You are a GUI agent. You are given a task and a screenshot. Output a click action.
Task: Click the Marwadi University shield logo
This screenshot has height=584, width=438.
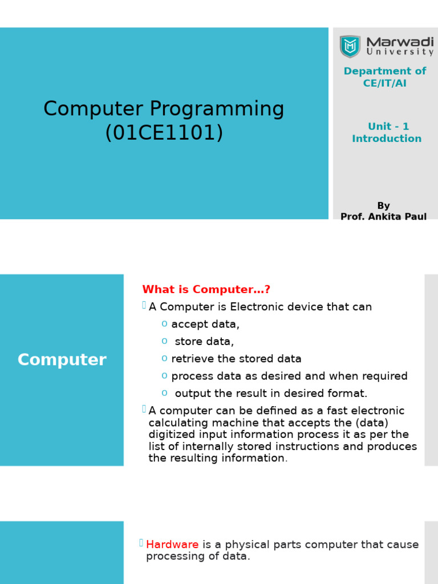tap(350, 46)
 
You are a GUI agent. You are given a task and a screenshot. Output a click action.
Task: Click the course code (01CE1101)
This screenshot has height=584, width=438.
tap(164, 132)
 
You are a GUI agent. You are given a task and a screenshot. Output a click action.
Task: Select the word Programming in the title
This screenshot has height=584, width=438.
tap(217, 109)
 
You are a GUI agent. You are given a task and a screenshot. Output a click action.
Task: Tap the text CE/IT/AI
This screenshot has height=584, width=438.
tap(385, 83)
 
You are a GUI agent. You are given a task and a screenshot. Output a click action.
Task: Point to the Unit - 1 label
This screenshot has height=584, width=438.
tap(388, 126)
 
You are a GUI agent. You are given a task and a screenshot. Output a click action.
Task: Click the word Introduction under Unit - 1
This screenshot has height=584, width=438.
tap(387, 139)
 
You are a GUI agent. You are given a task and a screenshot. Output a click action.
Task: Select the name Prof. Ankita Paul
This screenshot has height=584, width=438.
tap(384, 216)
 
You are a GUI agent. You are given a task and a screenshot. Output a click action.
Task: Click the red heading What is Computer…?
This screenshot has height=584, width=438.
tap(206, 289)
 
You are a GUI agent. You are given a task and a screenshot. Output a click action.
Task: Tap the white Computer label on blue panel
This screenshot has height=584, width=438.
tap(62, 360)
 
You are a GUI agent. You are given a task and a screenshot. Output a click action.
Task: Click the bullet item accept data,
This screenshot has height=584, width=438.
tap(205, 325)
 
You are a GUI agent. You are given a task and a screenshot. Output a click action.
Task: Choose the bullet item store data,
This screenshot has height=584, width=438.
tap(204, 342)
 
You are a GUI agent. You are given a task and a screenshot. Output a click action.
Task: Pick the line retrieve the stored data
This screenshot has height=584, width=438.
tap(236, 359)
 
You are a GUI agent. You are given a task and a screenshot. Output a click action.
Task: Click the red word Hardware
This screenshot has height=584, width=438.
tap(172, 545)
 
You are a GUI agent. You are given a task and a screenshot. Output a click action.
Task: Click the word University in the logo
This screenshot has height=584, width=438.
tap(400, 52)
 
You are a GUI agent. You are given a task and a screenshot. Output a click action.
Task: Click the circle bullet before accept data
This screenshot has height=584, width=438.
tap(164, 324)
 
